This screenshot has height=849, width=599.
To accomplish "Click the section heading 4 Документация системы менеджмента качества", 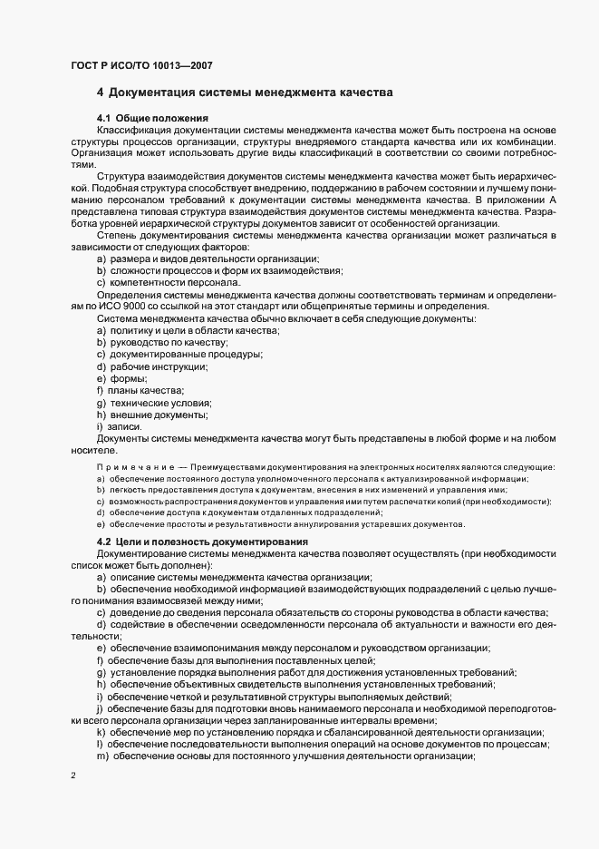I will pyautogui.click(x=245, y=93).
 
